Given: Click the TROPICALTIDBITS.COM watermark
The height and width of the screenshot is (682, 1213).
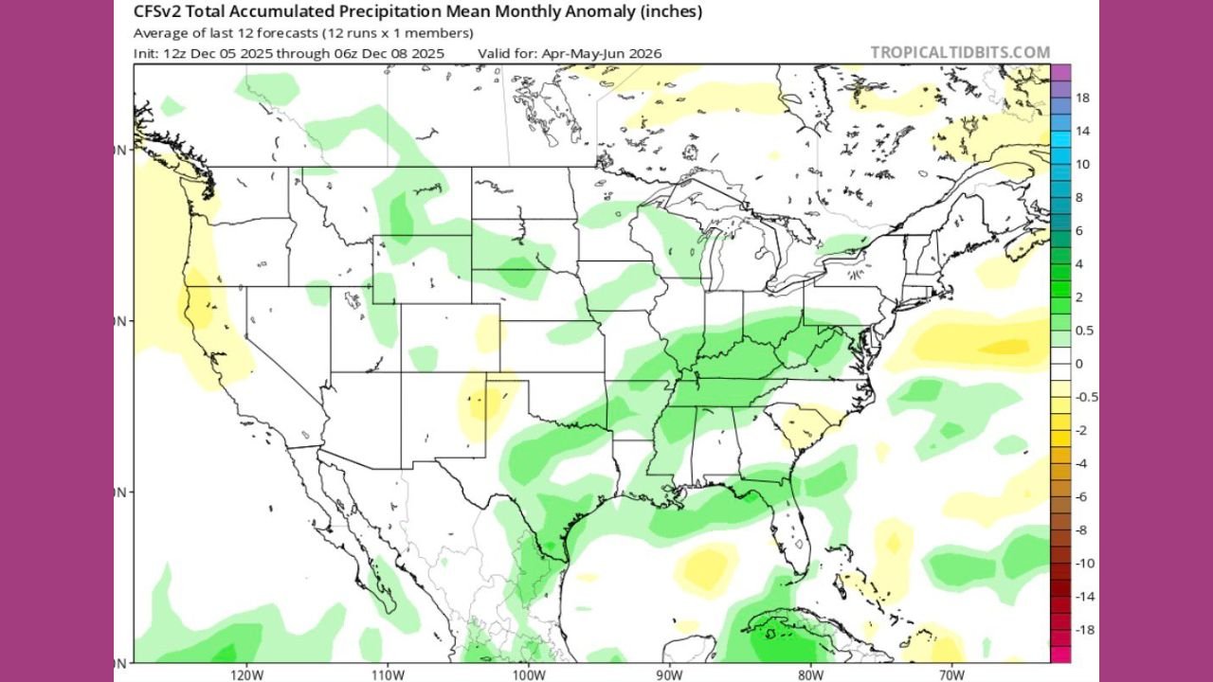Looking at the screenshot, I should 960,53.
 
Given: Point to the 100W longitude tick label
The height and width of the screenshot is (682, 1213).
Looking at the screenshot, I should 528,673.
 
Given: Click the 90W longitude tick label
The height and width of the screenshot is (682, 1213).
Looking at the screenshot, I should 669,673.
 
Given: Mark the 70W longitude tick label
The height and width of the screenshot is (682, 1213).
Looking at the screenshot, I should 950,673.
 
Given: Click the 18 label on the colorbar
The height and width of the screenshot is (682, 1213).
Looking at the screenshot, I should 1081,98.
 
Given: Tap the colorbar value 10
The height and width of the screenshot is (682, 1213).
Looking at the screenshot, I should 1081,164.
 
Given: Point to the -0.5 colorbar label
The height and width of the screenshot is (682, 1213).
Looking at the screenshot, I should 1087,397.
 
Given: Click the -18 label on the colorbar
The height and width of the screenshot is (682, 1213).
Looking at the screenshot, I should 1084,629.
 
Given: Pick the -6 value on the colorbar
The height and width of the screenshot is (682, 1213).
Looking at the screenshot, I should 1081,496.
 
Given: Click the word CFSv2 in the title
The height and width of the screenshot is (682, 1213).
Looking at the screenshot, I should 155,12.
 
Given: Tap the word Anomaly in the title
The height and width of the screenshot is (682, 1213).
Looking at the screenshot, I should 556,12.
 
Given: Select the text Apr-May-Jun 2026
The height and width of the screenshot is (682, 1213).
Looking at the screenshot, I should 601,53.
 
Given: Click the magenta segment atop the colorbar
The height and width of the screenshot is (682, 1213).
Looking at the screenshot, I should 1061,72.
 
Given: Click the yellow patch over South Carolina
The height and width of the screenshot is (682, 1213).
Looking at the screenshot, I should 799,425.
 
